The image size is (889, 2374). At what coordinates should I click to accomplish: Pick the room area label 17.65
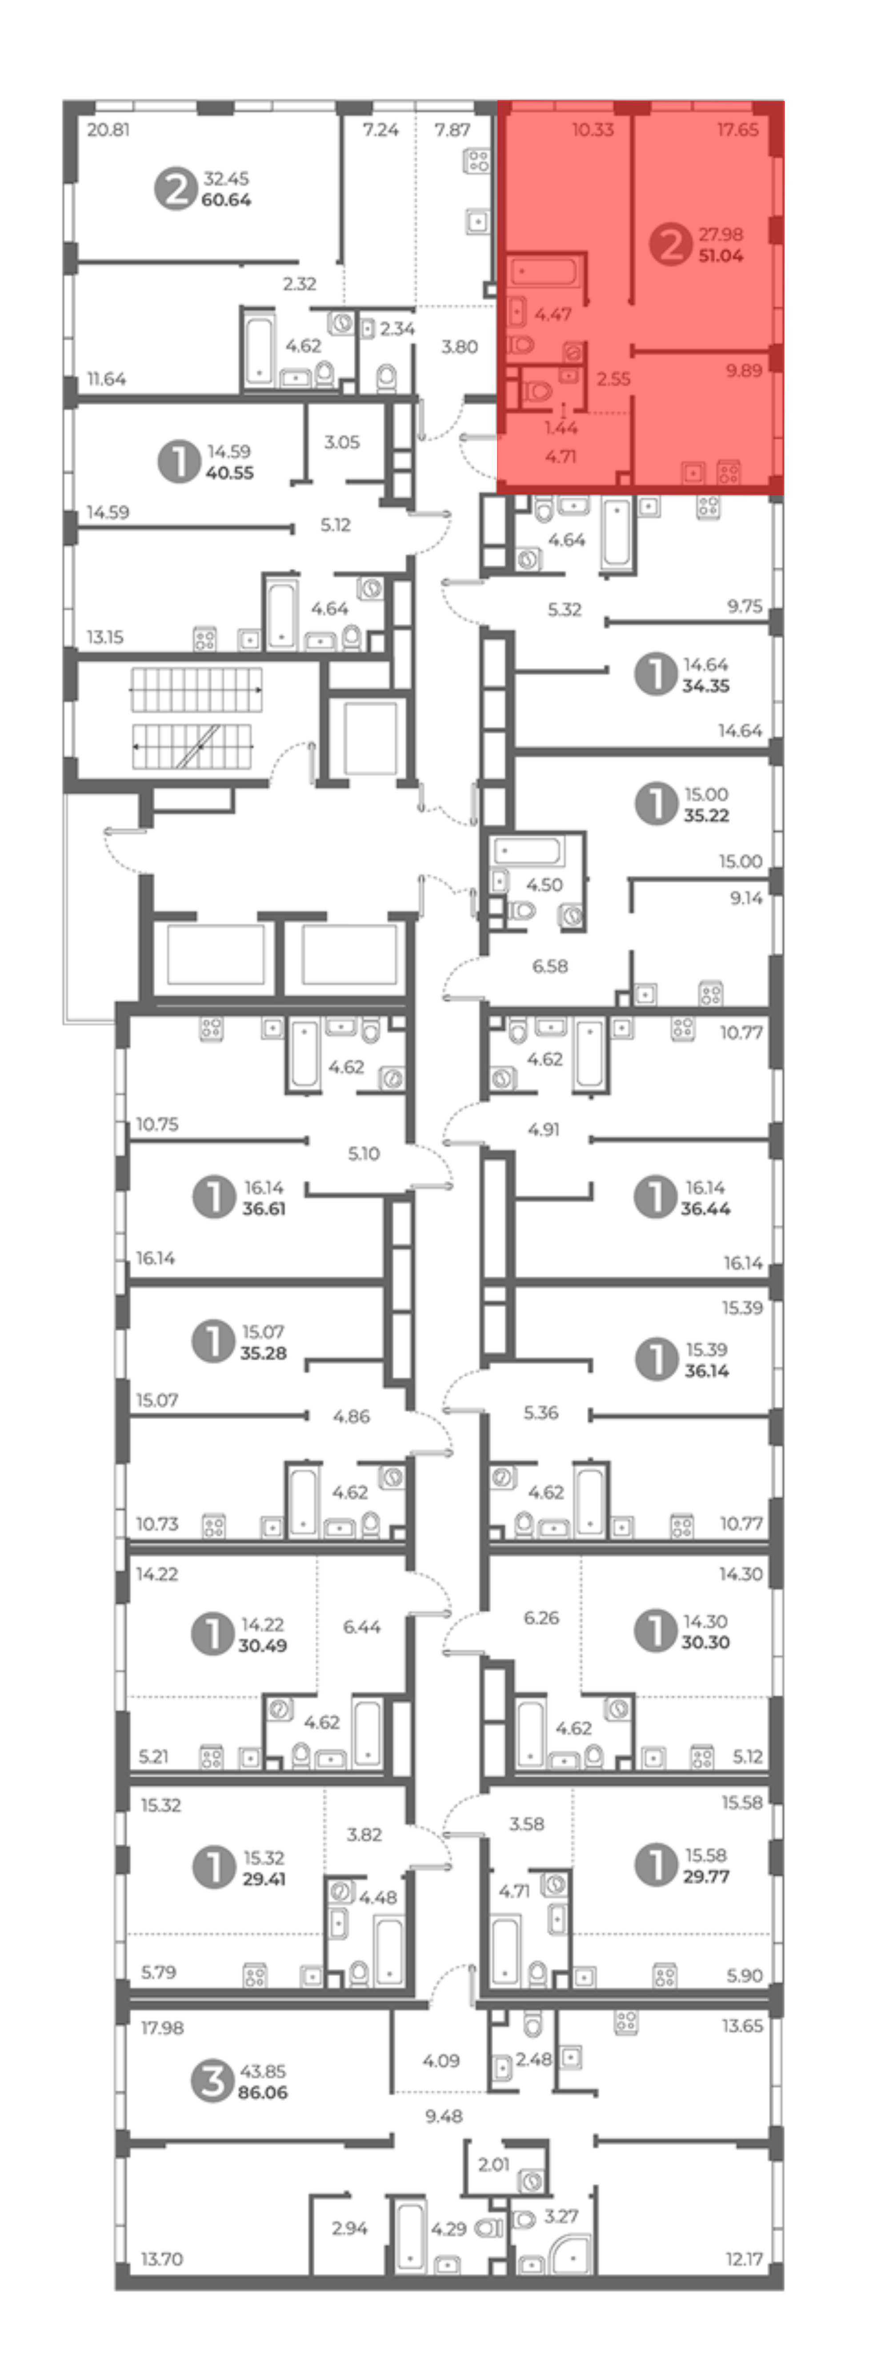pos(738,130)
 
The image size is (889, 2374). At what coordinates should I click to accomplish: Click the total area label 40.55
pos(229,473)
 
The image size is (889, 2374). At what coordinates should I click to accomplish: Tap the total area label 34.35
pos(706,686)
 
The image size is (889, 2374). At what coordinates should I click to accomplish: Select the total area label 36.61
pos(264,1208)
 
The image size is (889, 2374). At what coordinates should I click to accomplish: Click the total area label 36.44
pos(706,1208)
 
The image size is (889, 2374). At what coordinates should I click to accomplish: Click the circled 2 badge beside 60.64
pos(175,189)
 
